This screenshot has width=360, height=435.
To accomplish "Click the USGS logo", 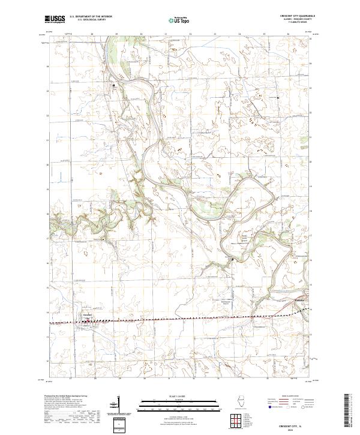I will pos(55,19).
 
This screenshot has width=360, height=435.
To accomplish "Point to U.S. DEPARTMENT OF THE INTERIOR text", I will pos(91,17).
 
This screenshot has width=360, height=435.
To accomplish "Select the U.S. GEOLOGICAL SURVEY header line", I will pos(91,20).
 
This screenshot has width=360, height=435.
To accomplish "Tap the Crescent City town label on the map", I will pos(86,315).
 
